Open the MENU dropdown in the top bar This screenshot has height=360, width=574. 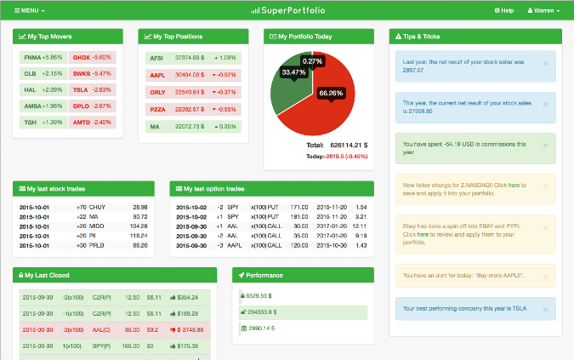(x=30, y=10)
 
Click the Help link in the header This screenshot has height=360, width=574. (x=504, y=10)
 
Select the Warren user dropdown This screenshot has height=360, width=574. (x=543, y=10)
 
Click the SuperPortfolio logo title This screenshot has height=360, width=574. (x=287, y=10)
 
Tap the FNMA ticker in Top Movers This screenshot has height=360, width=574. (x=31, y=57)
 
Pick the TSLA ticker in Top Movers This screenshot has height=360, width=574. (x=82, y=89)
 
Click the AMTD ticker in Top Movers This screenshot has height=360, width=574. (x=82, y=122)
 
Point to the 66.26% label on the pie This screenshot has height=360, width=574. (x=331, y=92)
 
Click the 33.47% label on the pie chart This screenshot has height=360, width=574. (x=293, y=72)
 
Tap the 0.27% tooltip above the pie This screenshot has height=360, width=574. (x=313, y=61)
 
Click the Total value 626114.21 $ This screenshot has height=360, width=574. (x=349, y=145)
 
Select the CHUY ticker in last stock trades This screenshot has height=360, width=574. (x=98, y=207)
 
